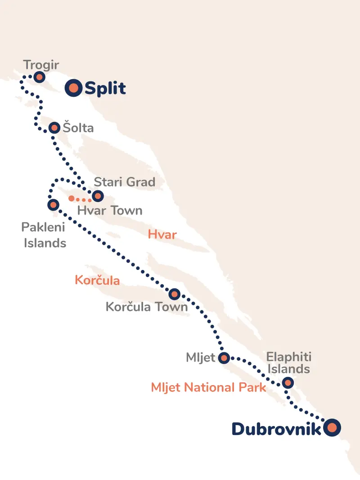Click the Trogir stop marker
(x=39, y=77)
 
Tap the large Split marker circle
(x=73, y=88)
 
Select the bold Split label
(x=105, y=88)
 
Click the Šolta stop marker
(x=54, y=128)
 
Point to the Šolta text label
(x=78, y=128)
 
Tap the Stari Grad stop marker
(x=97, y=196)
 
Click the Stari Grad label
(x=124, y=182)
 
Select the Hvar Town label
(x=110, y=210)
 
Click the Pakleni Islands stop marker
(x=53, y=205)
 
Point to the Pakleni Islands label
(x=44, y=235)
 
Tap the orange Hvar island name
(x=162, y=234)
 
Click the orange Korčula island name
(x=97, y=281)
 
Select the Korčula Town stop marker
(x=174, y=294)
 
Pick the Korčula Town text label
(x=147, y=307)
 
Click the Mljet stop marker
(x=224, y=358)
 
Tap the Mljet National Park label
(x=208, y=387)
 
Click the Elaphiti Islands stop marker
(x=288, y=383)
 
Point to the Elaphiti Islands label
(x=288, y=363)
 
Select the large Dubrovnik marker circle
(x=332, y=427)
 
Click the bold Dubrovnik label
(x=277, y=429)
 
